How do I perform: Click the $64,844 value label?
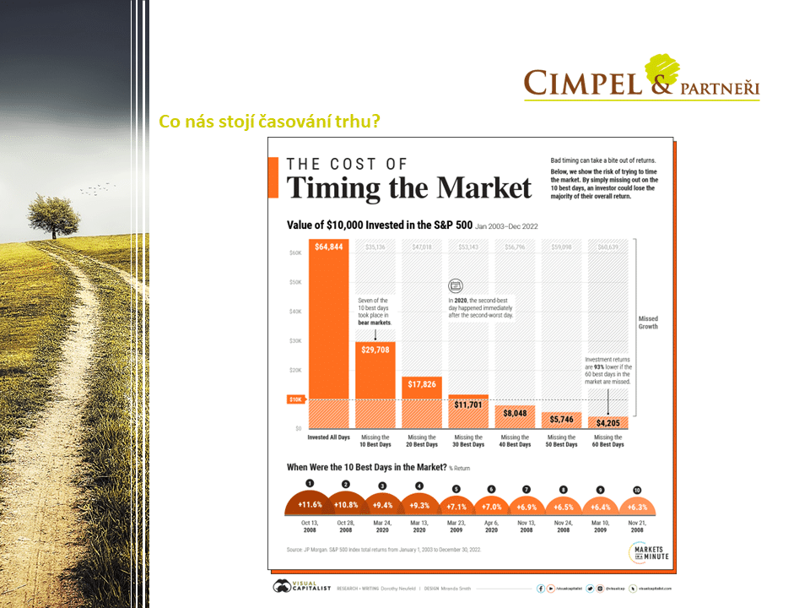328,247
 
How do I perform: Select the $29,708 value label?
375,349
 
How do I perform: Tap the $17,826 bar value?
422,383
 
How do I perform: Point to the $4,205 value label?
607,423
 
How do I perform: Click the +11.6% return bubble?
310,504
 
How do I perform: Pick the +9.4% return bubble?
381,504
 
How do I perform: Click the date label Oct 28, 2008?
345,526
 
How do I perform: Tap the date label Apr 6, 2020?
491,526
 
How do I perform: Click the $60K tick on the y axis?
296,252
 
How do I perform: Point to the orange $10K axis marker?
296,399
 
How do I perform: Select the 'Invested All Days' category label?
328,437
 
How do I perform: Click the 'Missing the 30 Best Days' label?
468,441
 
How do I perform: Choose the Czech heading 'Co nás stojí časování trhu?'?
269,122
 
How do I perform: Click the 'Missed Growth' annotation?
649,322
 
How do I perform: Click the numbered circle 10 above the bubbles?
637,490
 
